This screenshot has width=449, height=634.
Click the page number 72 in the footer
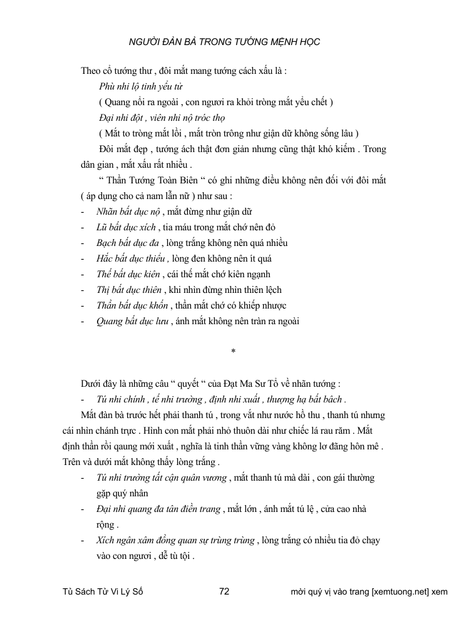pyautogui.click(x=227, y=591)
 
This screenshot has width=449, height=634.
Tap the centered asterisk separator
pyautogui.click(x=232, y=352)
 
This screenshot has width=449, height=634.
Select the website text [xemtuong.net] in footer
pyautogui.click(x=400, y=591)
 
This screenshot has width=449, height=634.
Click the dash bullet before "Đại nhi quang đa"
pyautogui.click(x=83, y=509)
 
